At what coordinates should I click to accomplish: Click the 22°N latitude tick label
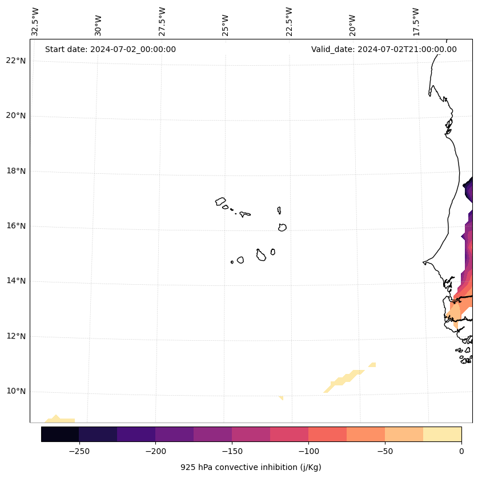15,61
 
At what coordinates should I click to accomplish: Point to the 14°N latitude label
15,281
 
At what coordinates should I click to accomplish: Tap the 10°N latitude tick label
15,391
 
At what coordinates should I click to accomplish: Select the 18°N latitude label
15,171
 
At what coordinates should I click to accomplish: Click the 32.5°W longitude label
35,22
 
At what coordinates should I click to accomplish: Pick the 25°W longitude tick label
226,25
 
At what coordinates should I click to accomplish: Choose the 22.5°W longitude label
289,22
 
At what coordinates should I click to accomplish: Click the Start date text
110,49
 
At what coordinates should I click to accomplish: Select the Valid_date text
384,49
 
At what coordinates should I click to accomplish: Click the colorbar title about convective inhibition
251,467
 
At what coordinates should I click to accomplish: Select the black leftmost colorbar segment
60,434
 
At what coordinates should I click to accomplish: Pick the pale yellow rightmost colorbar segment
442,434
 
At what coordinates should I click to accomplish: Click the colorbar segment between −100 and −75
327,434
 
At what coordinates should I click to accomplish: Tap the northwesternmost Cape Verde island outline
220,201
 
